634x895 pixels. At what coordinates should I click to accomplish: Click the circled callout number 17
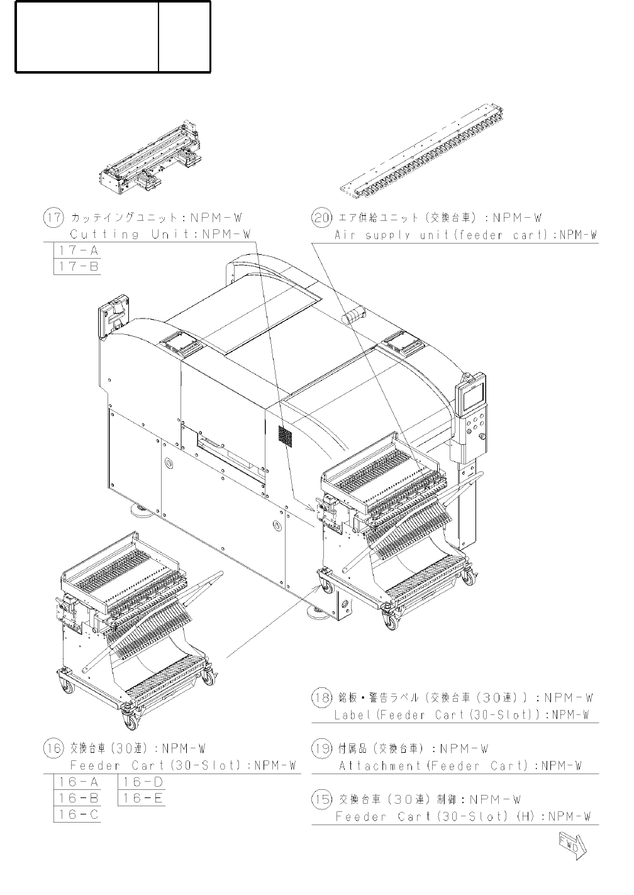tap(53, 218)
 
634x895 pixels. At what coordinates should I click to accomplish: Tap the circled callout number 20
tap(321, 218)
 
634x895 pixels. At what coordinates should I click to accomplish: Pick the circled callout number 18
tap(321, 697)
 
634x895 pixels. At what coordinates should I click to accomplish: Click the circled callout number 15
tap(321, 799)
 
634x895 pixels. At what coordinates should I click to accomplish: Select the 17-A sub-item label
tap(79, 250)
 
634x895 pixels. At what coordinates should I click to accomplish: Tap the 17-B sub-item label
tap(79, 266)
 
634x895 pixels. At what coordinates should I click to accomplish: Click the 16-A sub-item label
tap(79, 782)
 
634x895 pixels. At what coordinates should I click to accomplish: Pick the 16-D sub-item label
tap(143, 782)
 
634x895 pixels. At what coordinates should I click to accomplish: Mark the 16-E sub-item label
tap(143, 798)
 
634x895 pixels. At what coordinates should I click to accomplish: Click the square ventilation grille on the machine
tap(285, 436)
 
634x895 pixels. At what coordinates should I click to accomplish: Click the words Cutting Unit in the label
tap(123, 234)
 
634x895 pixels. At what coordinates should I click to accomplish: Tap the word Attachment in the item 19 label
tap(380, 765)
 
